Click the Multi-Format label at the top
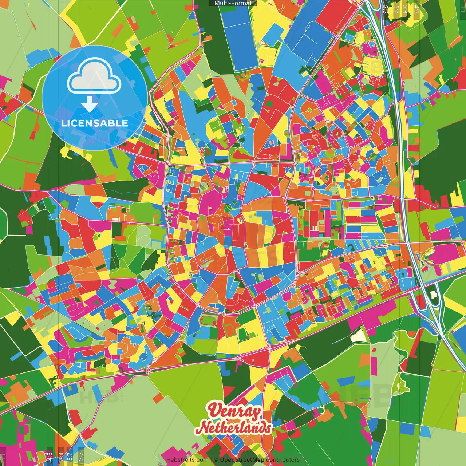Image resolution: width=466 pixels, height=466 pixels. point(233,3)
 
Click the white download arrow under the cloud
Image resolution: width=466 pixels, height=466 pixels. point(90,105)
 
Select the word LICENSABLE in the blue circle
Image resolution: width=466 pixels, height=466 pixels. point(95,123)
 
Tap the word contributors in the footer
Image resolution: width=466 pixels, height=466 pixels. point(283,460)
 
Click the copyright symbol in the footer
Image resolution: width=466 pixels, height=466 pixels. point(216,460)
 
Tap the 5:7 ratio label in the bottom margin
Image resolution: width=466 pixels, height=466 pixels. point(70,456)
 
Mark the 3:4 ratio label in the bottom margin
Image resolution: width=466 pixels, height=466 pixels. point(61,456)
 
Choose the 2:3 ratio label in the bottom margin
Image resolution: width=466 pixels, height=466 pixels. point(81,456)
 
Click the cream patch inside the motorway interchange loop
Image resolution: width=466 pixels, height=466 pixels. point(433,294)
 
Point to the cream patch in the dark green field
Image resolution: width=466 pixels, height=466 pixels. point(359,336)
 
